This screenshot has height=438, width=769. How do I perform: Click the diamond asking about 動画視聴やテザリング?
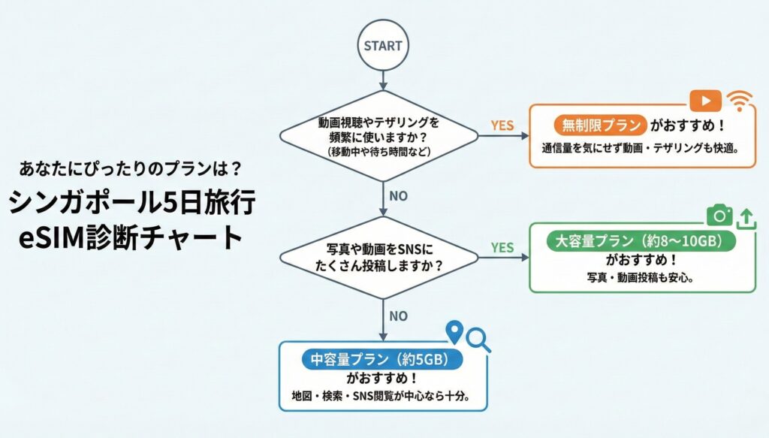coord(378,136)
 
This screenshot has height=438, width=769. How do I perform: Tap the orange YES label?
coord(502,125)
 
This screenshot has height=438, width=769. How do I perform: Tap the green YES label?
coord(502,247)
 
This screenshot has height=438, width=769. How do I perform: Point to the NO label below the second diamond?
coord(398,316)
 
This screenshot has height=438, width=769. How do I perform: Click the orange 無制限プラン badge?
coord(599,125)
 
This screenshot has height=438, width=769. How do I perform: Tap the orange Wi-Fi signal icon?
coord(741,101)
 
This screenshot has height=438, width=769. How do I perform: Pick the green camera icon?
coord(719,216)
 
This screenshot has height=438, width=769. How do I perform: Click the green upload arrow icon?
coord(746,217)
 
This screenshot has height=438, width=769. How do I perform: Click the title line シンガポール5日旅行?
coord(134,202)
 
